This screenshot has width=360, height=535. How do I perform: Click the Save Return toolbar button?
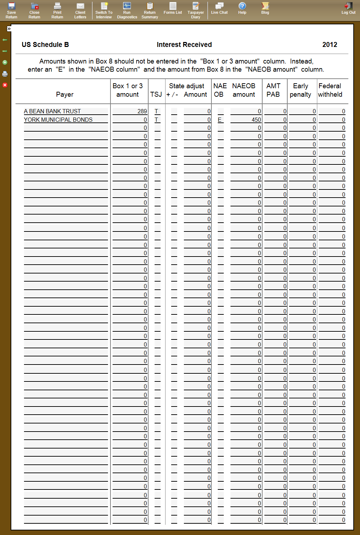coord(11,10)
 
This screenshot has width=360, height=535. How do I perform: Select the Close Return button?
coord(34,10)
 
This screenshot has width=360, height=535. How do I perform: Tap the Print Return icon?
coord(57,10)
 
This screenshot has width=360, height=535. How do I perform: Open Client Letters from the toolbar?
coord(80,10)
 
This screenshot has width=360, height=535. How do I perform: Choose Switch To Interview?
coord(104,10)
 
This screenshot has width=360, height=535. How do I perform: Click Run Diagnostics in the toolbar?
coord(127,10)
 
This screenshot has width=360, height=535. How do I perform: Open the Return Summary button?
coord(150,10)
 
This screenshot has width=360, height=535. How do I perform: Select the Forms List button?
coord(173,8)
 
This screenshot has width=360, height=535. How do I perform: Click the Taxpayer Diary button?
coord(196,10)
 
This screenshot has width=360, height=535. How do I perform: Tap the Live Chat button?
coord(219,8)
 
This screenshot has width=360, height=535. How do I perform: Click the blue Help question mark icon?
coord(242,6)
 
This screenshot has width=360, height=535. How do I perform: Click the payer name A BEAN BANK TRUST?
coord(52,111)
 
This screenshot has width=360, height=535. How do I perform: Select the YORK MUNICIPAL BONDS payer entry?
coord(58,120)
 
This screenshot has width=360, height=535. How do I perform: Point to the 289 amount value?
coord(142,111)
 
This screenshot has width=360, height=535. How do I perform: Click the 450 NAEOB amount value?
coord(256,120)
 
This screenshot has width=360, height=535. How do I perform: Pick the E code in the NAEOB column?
coord(220,120)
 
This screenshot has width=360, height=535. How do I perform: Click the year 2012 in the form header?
coord(330,44)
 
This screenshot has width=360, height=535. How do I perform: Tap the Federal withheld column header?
coord(330,90)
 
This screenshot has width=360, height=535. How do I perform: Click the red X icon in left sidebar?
coord(5,85)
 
